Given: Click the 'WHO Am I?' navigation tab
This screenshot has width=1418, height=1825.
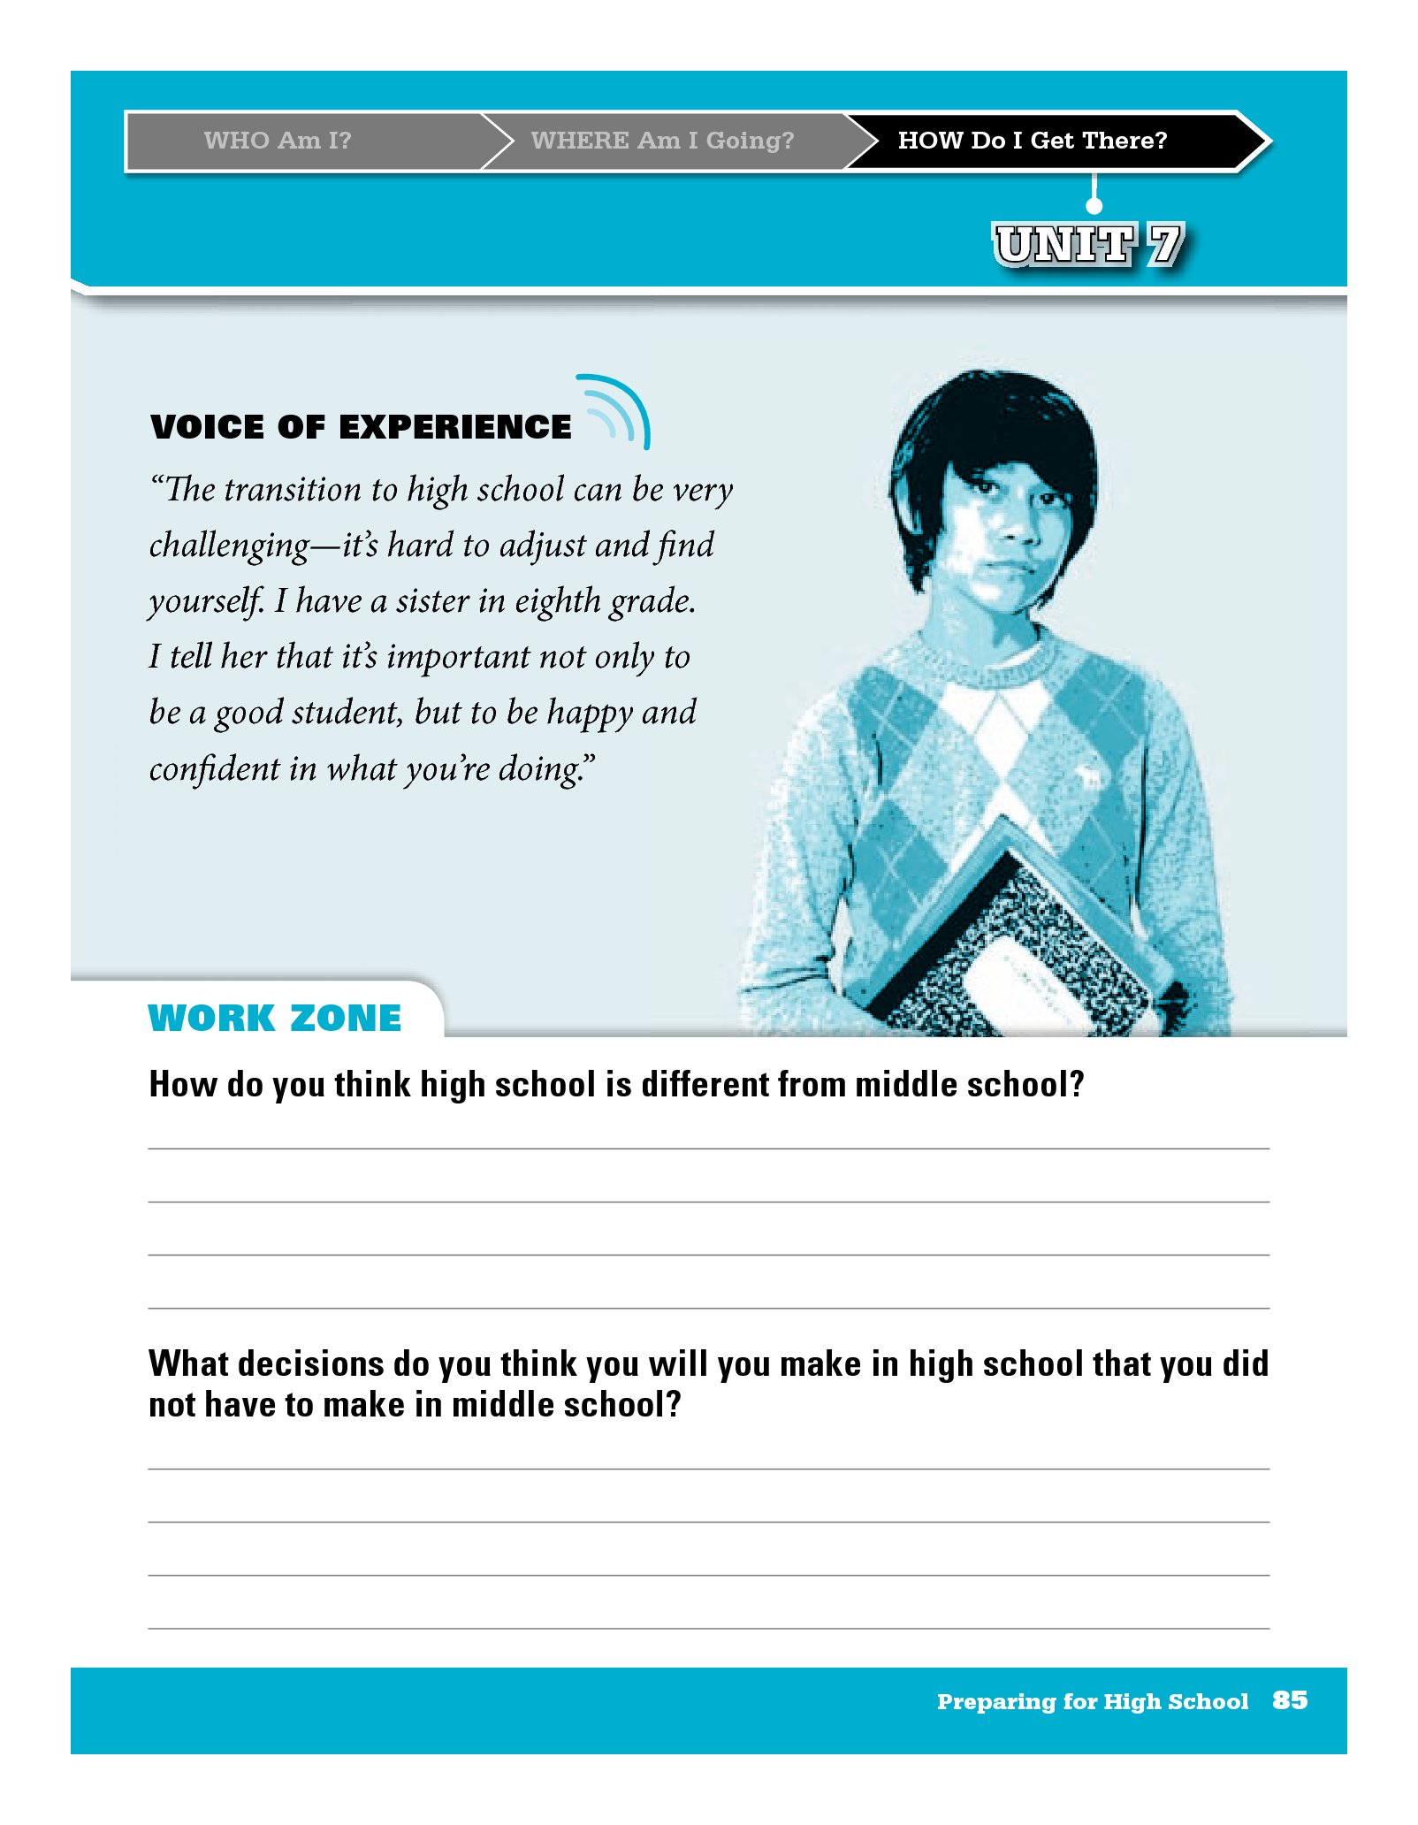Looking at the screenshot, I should coord(278,141).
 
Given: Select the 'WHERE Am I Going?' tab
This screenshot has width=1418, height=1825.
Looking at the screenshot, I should coord(662,141).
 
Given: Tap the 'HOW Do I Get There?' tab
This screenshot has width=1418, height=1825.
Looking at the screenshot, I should coord(1032,141).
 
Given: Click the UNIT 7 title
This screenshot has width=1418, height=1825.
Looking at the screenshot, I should coord(1088,244).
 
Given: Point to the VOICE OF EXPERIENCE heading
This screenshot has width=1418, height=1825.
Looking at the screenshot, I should coord(361,427).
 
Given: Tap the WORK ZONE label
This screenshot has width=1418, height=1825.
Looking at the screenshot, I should coord(275,1019).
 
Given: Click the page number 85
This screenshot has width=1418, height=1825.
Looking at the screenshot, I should coord(1290,1700).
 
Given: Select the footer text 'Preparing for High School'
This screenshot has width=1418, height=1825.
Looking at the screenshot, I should coord(1093,1701).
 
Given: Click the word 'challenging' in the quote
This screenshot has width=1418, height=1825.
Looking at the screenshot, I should coord(229,546).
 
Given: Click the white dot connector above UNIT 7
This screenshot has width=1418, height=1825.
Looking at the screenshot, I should coord(1094,205).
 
